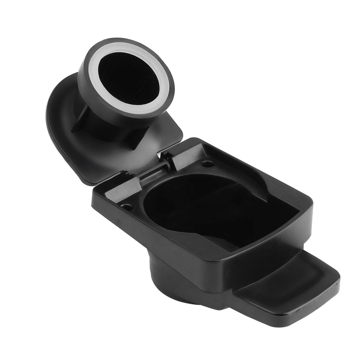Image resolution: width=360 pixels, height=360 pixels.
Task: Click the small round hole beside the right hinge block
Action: point(207,164)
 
